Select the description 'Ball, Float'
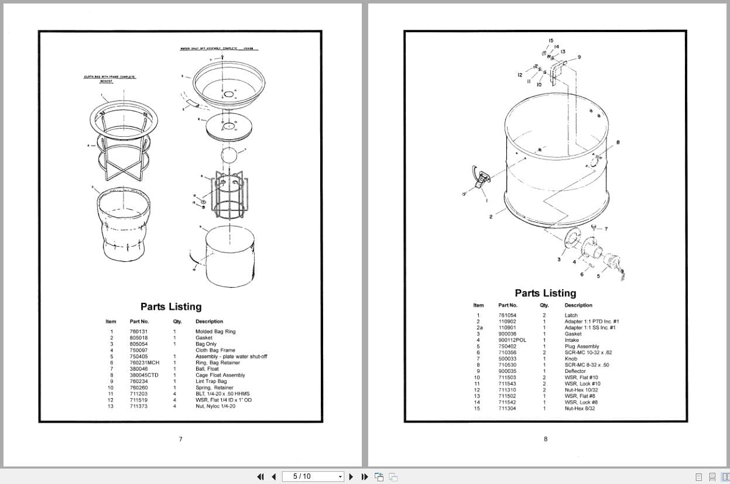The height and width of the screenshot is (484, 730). pos(207,369)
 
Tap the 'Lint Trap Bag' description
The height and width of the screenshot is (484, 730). pos(211,381)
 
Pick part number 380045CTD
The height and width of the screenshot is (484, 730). pos(143,375)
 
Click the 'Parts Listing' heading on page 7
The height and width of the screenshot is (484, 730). pos(171,307)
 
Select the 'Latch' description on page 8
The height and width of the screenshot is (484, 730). pos(571,315)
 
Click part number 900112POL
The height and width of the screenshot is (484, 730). pos(512,340)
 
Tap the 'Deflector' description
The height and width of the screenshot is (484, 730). pos(575,371)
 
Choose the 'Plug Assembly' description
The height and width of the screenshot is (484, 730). pos(581,347)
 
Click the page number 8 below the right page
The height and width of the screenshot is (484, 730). pos(546,439)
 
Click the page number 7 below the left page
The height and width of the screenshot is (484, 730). pos(180,439)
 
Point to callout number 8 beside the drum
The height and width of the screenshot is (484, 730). pos(618,142)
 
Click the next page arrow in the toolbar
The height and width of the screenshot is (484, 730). pos(351,476)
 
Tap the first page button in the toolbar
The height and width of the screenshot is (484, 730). pos(261,476)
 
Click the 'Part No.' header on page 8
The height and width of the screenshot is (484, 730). pos(508,305)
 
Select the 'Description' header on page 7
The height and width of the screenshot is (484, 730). pos(209,321)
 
